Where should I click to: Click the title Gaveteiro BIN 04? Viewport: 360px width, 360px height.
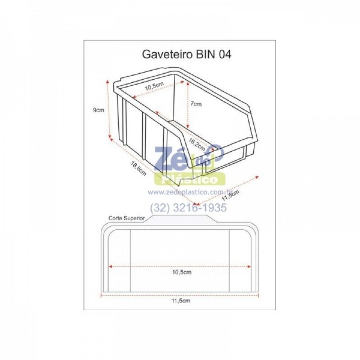[x=186, y=55]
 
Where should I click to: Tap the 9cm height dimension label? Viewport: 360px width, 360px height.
[x=99, y=110]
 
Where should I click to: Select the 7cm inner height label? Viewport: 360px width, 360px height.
[x=196, y=104]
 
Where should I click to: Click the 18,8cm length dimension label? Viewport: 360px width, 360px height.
[x=138, y=168]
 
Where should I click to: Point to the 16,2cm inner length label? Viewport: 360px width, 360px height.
[x=197, y=144]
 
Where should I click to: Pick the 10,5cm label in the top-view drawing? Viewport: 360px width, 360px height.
[x=181, y=272]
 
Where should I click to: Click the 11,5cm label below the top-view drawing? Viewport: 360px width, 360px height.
[x=181, y=301]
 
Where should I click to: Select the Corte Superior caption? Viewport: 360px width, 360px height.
[x=126, y=218]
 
